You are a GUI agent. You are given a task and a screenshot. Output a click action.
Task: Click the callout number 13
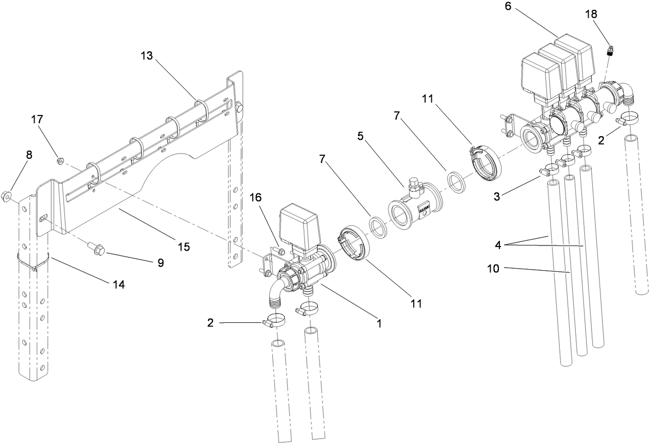pos(147,56)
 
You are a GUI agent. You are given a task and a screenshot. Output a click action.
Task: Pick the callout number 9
pos(160,262)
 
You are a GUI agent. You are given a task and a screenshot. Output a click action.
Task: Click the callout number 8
pos(28,154)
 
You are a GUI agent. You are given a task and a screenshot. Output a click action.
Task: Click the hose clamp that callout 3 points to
pos(549,169)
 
